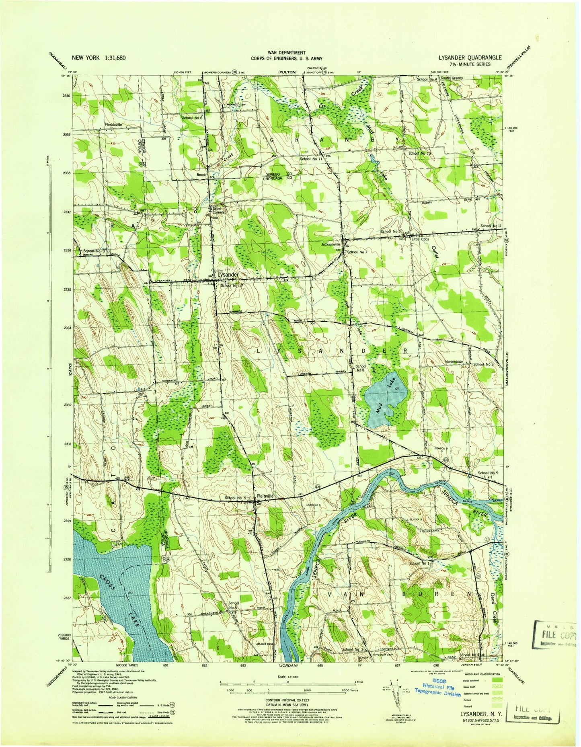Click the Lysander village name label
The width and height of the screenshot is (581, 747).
tap(228, 274)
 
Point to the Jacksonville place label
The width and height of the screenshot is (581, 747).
tap(331, 244)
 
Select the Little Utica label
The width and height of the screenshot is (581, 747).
tap(421, 239)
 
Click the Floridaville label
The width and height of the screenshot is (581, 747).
tap(114, 125)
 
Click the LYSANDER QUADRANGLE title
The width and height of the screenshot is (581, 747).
tap(470, 57)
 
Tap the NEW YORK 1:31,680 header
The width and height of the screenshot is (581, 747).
tap(99, 57)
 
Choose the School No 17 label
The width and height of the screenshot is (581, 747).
tap(232, 285)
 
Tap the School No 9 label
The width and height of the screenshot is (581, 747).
tap(488, 473)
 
